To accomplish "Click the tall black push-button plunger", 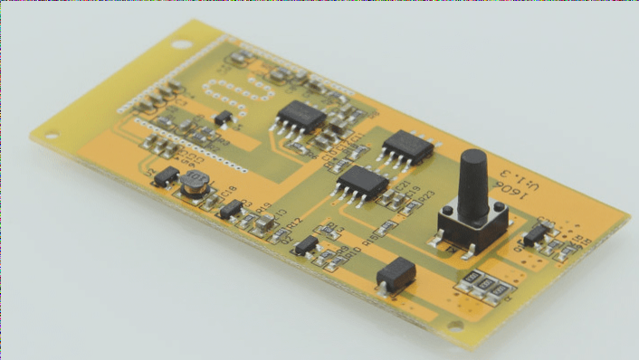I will point(472,181).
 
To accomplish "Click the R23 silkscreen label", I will point(424,195).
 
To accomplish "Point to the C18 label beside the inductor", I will point(228,191).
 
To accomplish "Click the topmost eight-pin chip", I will point(300,117).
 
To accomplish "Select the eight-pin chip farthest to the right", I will point(409,147).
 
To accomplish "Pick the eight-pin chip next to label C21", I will point(363,181).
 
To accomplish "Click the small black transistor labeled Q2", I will point(307,244).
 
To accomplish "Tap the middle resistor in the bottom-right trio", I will point(486,288).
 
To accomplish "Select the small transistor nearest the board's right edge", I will point(537,234).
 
